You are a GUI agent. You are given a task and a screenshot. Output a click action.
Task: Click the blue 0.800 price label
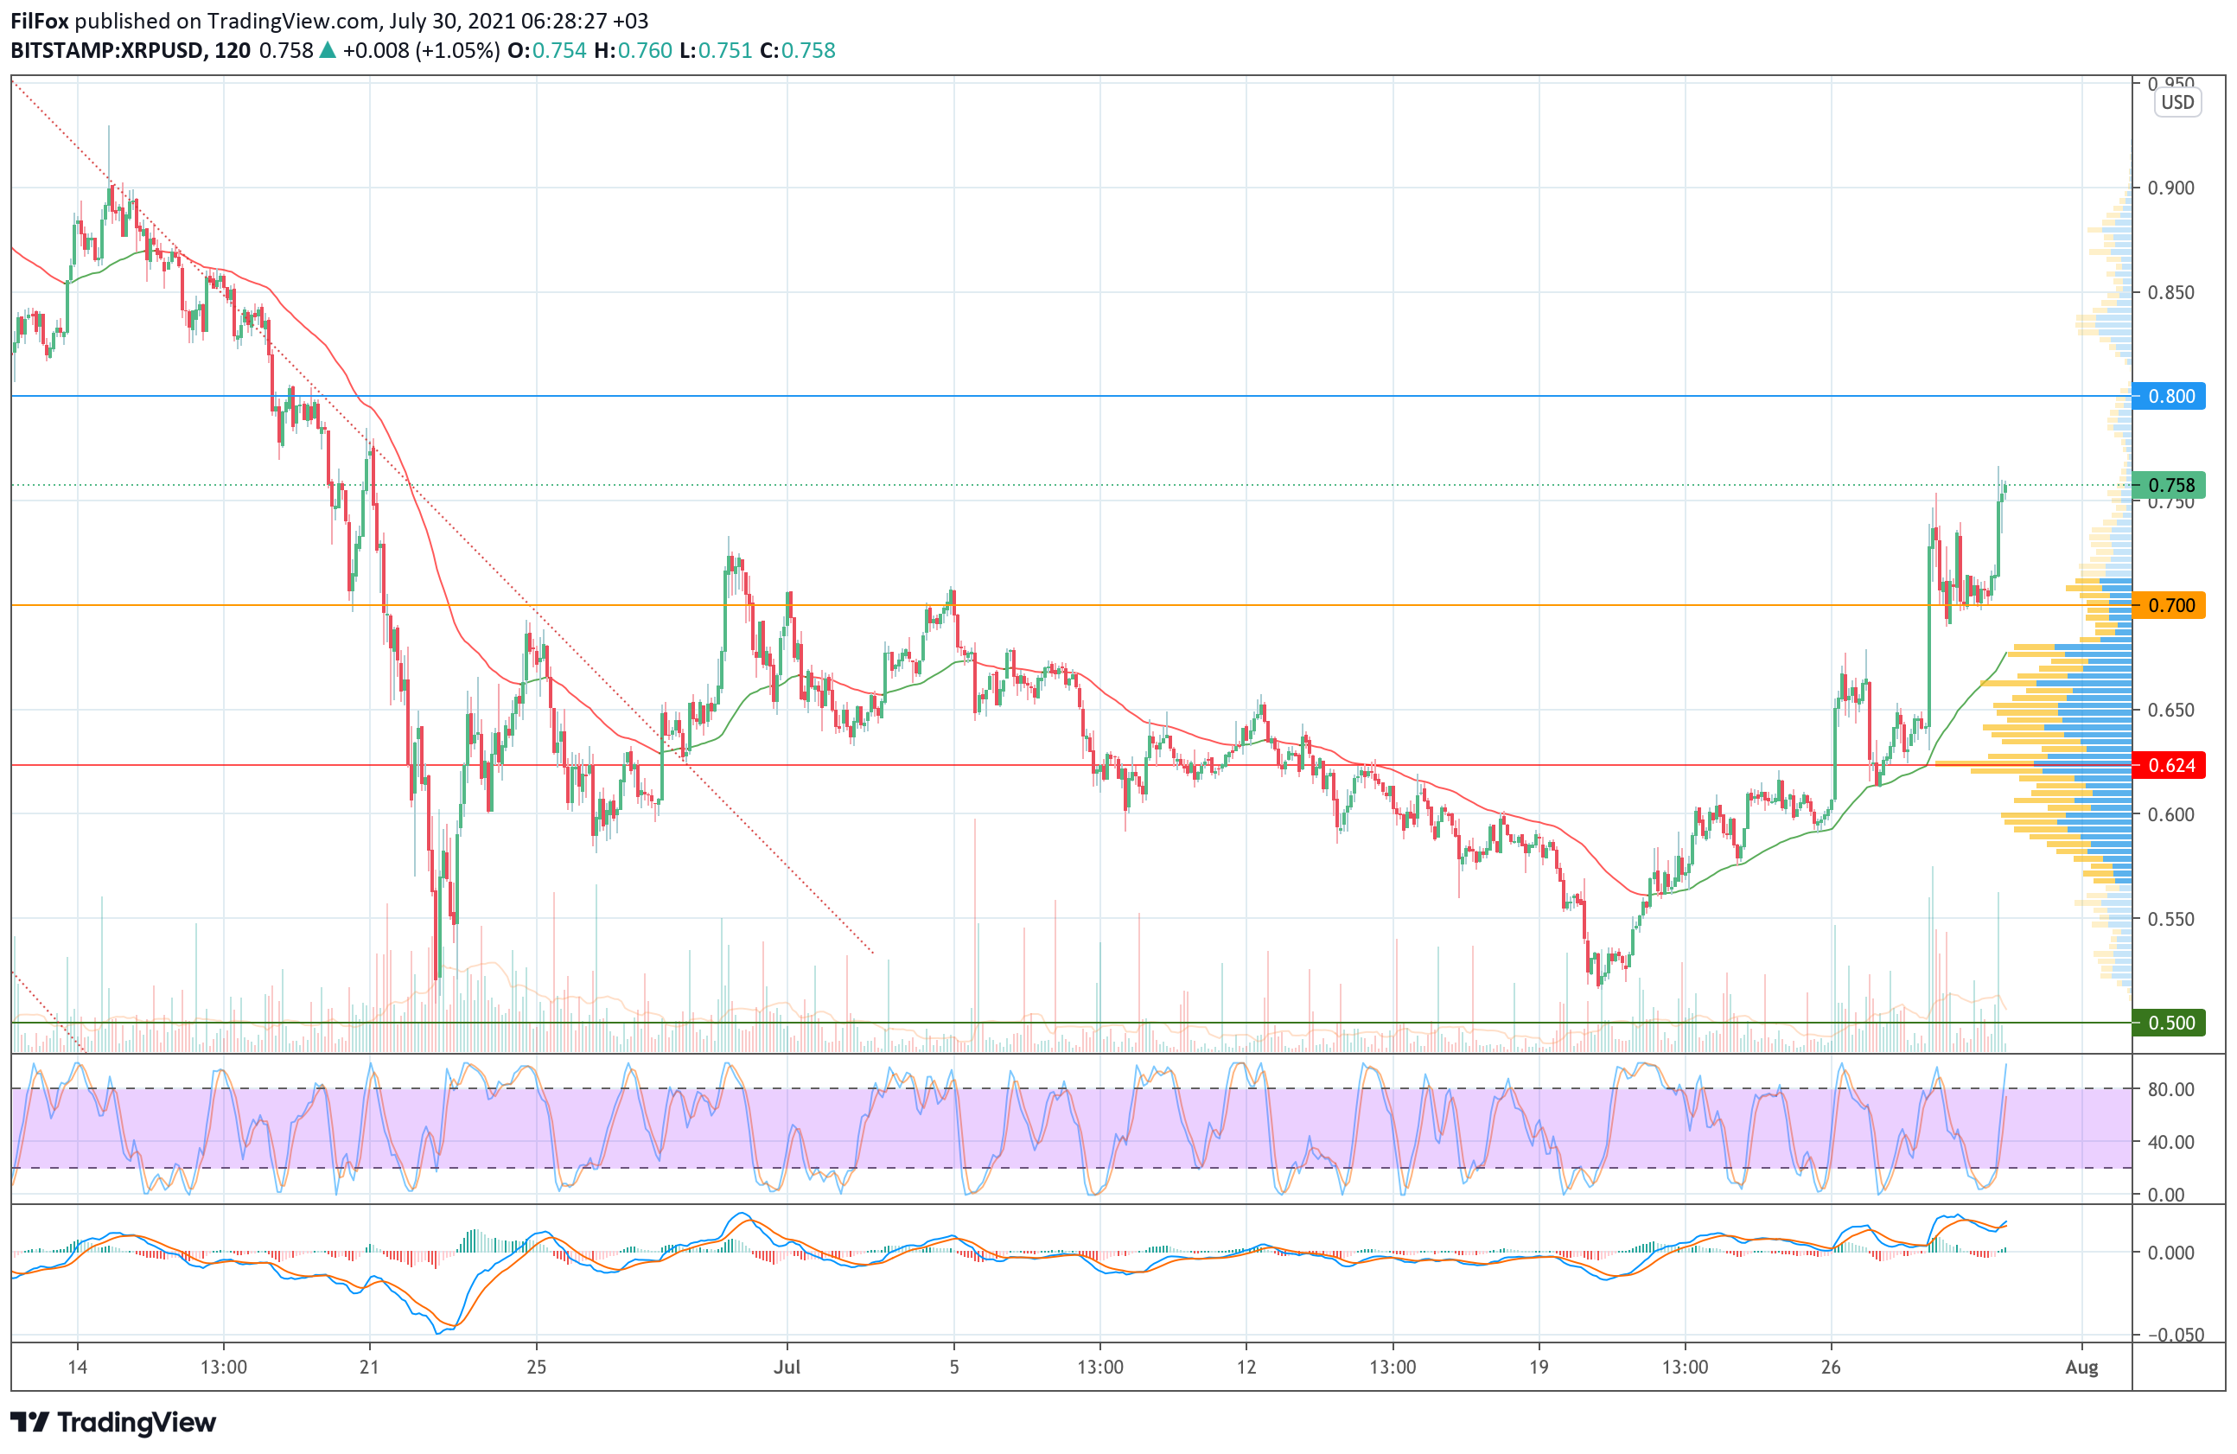pyautogui.click(x=2170, y=396)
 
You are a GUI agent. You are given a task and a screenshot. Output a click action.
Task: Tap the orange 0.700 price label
pyautogui.click(x=2170, y=605)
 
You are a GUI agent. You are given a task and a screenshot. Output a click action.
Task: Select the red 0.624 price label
pyautogui.click(x=2170, y=765)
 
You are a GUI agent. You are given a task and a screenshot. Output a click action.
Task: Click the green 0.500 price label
pyautogui.click(x=2170, y=1023)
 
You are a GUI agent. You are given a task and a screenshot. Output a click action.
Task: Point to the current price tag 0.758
pyautogui.click(x=2170, y=485)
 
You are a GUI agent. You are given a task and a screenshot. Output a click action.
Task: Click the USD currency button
pyautogui.click(x=2176, y=103)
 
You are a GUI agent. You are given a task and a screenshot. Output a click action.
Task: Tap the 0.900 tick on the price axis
pyautogui.click(x=2171, y=188)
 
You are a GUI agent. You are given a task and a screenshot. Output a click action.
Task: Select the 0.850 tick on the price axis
pyautogui.click(x=2171, y=292)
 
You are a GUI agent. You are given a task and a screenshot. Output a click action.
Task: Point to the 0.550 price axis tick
pyautogui.click(x=2171, y=918)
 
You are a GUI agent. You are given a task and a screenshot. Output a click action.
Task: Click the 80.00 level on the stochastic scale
pyautogui.click(x=2171, y=1089)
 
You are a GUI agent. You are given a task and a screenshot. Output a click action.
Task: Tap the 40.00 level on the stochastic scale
pyautogui.click(x=2171, y=1142)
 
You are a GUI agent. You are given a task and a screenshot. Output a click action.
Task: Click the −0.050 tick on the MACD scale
pyautogui.click(x=2170, y=1335)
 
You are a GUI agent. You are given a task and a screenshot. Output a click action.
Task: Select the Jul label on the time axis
pyautogui.click(x=787, y=1367)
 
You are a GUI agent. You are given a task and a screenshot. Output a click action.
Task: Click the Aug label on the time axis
pyautogui.click(x=2081, y=1367)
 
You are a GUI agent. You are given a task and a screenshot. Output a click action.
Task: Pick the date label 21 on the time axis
pyautogui.click(x=369, y=1367)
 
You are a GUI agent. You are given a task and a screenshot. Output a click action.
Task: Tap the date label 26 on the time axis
pyautogui.click(x=1830, y=1367)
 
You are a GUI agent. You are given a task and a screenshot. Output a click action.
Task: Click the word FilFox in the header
pyautogui.click(x=40, y=21)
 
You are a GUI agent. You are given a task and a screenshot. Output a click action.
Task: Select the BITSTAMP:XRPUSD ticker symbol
pyautogui.click(x=108, y=51)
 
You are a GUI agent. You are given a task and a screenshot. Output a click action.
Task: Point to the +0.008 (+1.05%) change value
pyautogui.click(x=420, y=51)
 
